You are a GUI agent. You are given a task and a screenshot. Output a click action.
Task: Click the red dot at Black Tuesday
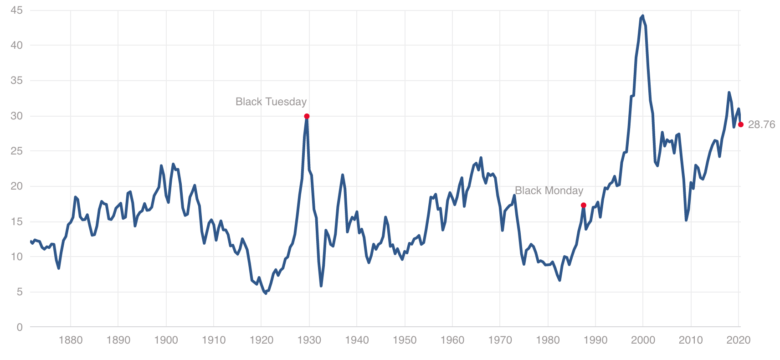tap(307, 116)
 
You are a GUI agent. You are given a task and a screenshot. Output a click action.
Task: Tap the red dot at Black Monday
tap(583, 205)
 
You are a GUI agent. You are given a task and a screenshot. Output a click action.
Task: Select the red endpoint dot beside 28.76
tap(741, 124)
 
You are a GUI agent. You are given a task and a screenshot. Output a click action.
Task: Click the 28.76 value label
tap(761, 125)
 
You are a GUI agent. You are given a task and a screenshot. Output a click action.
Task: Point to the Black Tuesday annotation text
tap(271, 102)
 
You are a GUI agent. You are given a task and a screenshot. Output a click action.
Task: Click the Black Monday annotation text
tap(549, 190)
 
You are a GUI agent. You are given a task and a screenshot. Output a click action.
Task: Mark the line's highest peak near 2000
tap(642, 16)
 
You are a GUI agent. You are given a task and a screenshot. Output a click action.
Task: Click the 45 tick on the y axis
tap(16, 10)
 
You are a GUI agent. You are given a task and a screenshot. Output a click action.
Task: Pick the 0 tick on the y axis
tap(20, 327)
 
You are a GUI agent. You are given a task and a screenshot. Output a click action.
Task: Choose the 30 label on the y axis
tap(16, 116)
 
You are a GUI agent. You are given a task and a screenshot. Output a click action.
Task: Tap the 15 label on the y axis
tap(16, 221)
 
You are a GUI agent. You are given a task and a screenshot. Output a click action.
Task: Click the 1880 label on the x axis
tap(71, 340)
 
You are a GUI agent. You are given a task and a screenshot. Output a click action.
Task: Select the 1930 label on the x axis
tap(309, 340)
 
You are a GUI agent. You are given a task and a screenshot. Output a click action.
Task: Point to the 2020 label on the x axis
tap(738, 340)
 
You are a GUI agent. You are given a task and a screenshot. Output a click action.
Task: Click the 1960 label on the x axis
tap(452, 340)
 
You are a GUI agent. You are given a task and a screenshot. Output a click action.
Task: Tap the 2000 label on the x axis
tap(643, 340)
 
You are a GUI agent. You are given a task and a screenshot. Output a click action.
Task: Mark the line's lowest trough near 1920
tap(266, 293)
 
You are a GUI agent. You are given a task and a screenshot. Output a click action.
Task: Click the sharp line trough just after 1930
tap(321, 286)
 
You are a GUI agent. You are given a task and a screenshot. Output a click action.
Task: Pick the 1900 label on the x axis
tap(166, 340)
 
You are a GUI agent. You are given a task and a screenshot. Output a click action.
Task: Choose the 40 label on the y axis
tap(16, 45)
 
